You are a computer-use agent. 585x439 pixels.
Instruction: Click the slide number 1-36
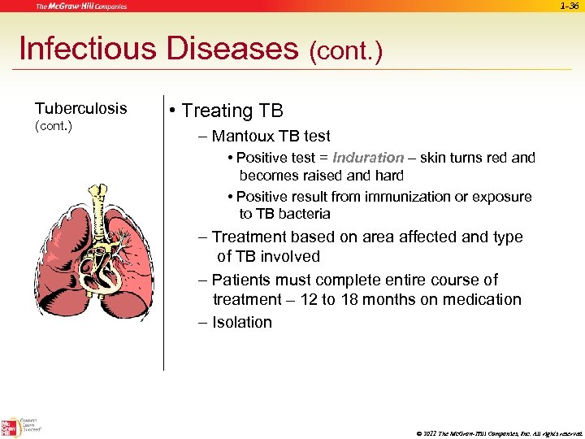click(x=569, y=7)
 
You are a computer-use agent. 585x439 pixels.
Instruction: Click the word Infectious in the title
click(x=88, y=49)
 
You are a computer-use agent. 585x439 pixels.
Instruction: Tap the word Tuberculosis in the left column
click(x=80, y=108)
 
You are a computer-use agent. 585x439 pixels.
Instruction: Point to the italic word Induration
click(x=368, y=158)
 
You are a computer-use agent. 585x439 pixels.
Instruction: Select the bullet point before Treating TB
click(x=173, y=111)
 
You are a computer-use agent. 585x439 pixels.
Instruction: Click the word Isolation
click(x=241, y=322)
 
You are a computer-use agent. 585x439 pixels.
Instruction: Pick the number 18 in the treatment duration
click(x=395, y=299)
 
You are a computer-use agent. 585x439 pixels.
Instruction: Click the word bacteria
click(x=304, y=214)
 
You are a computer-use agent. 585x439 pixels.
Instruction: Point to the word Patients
click(x=241, y=280)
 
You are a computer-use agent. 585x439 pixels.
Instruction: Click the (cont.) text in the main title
click(x=345, y=52)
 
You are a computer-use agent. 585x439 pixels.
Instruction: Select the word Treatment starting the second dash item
click(x=249, y=237)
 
